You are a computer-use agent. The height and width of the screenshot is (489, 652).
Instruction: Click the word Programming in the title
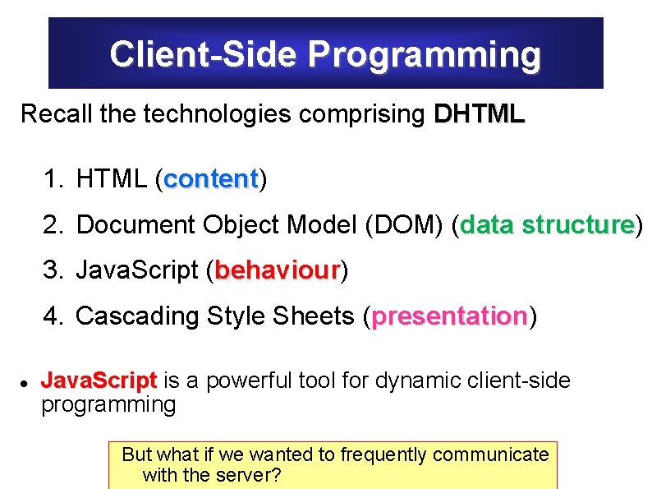425,55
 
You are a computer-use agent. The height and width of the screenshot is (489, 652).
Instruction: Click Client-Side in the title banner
205,55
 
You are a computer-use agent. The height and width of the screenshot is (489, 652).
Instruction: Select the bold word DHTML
479,114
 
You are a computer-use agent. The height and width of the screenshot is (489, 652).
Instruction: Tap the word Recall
56,114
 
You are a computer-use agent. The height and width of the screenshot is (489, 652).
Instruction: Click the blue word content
211,179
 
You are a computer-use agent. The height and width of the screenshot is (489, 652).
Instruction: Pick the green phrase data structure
547,224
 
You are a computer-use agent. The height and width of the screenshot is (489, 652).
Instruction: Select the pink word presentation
449,316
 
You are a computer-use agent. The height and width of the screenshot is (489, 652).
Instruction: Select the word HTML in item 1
111,179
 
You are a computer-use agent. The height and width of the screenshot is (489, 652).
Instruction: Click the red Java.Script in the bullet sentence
99,381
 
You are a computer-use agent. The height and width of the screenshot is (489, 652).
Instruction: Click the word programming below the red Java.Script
108,404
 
